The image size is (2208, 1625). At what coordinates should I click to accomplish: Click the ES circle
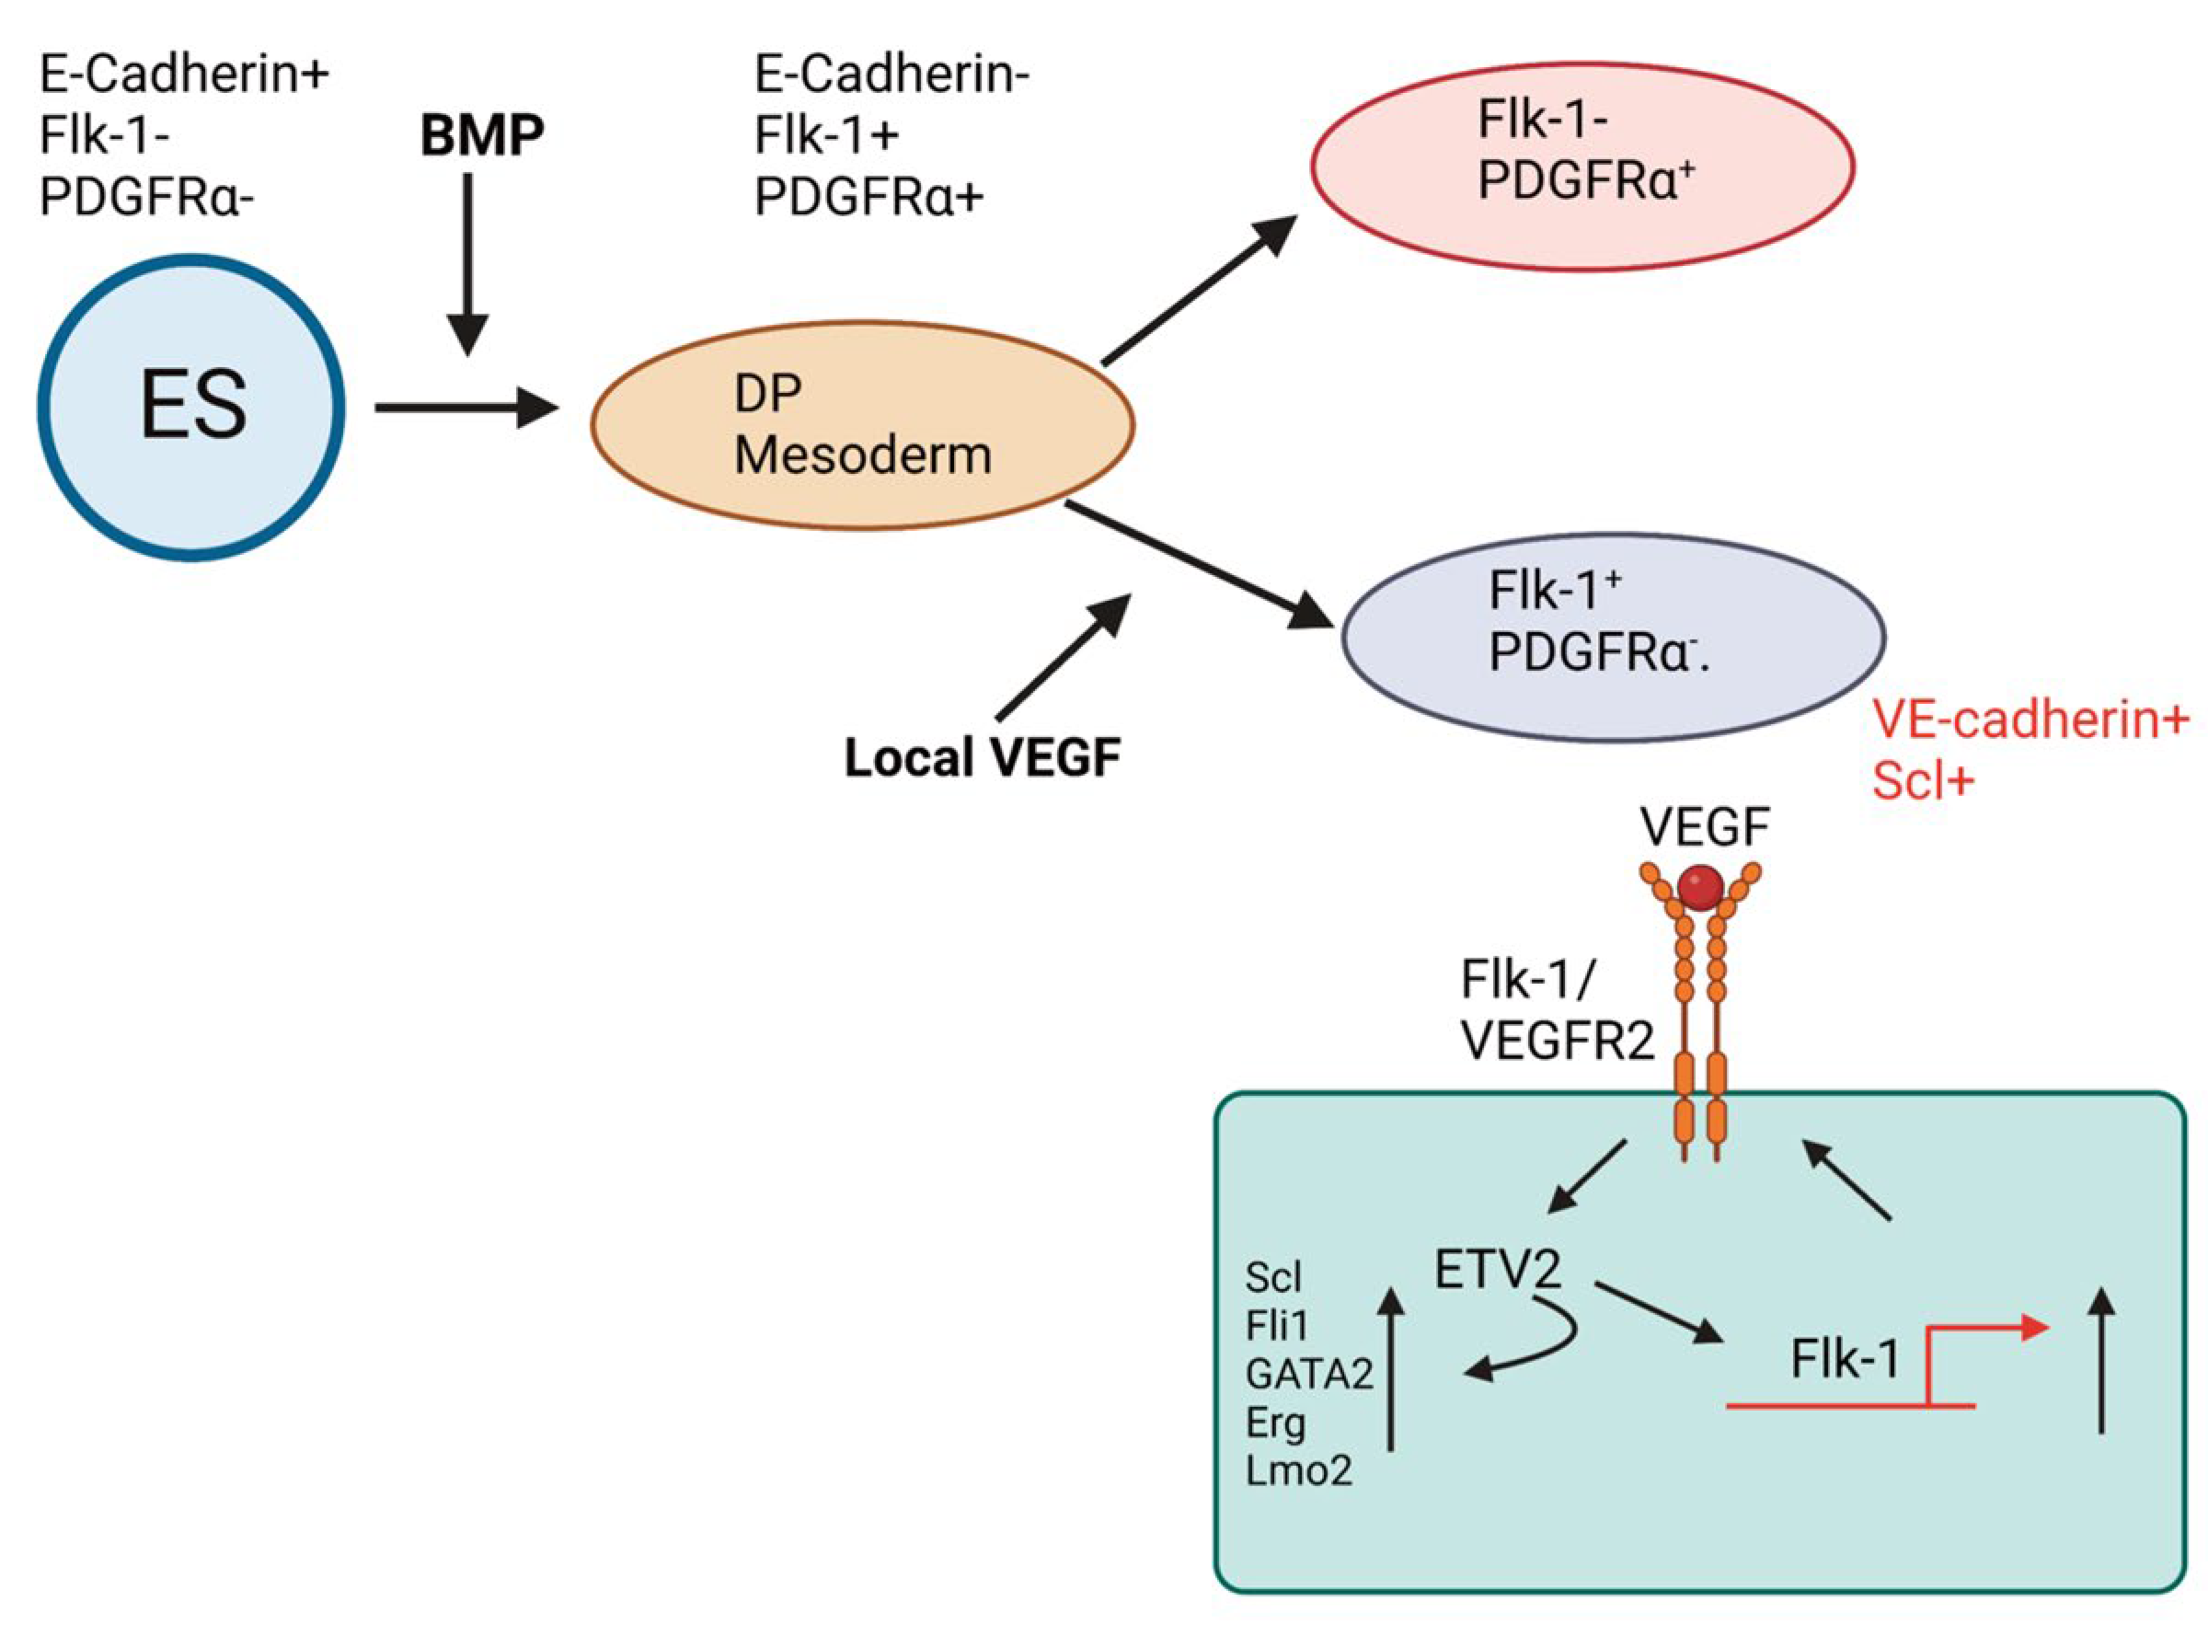coord(190,408)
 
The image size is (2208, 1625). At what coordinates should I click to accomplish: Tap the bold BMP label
coord(481,136)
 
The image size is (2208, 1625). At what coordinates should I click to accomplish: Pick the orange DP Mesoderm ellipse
coord(861,425)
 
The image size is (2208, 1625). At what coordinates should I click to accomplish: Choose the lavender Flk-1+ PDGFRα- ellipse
coord(1613,638)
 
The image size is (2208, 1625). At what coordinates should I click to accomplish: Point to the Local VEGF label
coord(982,758)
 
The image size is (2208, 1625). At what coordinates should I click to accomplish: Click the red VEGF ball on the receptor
coord(1699,887)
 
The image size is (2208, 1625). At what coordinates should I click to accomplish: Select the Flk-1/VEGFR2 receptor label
coord(1556,1009)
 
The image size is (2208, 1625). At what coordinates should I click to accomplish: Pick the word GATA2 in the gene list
coord(1308,1374)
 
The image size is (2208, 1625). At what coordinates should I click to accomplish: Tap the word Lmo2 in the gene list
coord(1298,1470)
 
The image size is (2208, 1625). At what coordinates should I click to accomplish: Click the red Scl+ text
coord(1923,781)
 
